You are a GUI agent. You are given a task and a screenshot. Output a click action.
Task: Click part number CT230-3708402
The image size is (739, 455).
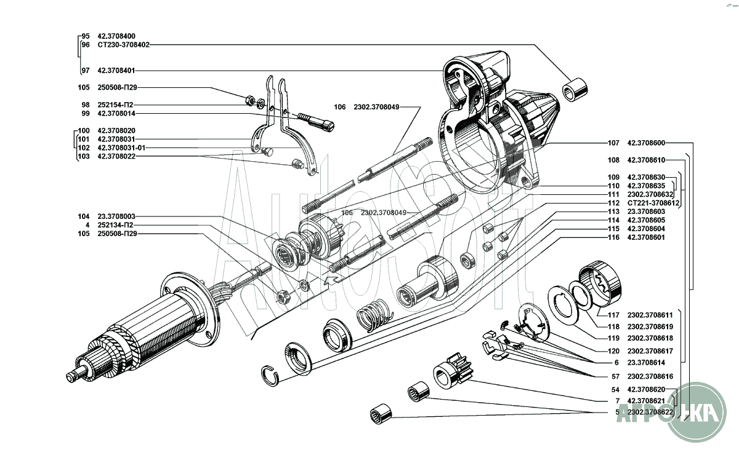pyautogui.click(x=123, y=45)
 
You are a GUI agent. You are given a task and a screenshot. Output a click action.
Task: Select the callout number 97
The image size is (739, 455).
pyautogui.click(x=85, y=71)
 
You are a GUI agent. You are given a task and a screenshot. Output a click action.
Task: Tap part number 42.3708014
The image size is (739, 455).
pyautogui.click(x=116, y=114)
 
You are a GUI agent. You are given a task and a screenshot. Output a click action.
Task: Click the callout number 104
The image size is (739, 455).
pyautogui.click(x=84, y=216)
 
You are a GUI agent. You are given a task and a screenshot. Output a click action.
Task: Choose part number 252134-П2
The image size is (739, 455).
pyautogui.click(x=115, y=225)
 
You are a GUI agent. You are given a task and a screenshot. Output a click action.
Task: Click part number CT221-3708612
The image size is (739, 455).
pyautogui.click(x=653, y=203)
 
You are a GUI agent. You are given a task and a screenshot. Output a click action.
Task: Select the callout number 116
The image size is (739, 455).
pyautogui.click(x=613, y=237)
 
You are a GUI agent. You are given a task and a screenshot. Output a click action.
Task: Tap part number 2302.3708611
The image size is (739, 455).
pyautogui.click(x=650, y=314)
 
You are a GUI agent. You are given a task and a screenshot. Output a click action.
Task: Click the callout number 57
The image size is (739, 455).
pyautogui.click(x=615, y=376)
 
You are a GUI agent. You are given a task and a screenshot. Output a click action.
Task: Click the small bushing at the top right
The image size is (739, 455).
pyautogui.click(x=575, y=90)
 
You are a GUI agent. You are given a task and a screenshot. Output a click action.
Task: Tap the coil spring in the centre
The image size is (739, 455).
pyautogui.click(x=374, y=312)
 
